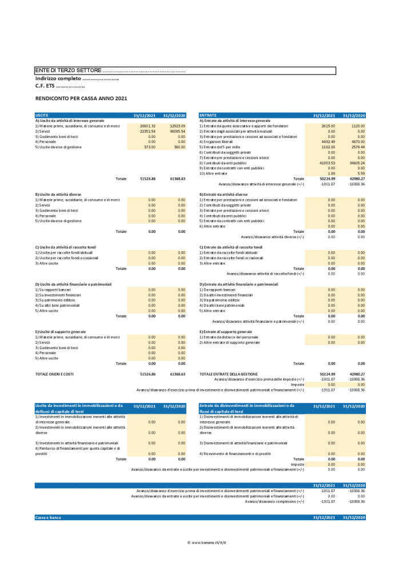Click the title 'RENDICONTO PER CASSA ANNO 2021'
pos(81,98)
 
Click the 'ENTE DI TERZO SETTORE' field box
pos(185,70)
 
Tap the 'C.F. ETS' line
pos(60,86)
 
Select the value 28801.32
pos(148,126)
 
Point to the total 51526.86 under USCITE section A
pos(148,179)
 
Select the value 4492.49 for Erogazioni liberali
pos(327,142)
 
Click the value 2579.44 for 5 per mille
pos(357,147)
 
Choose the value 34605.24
pos(356,163)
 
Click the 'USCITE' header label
pos(42,115)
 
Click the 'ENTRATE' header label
pos(208,115)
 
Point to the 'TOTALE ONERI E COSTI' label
pos(55,374)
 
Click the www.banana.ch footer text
pos(207,541)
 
